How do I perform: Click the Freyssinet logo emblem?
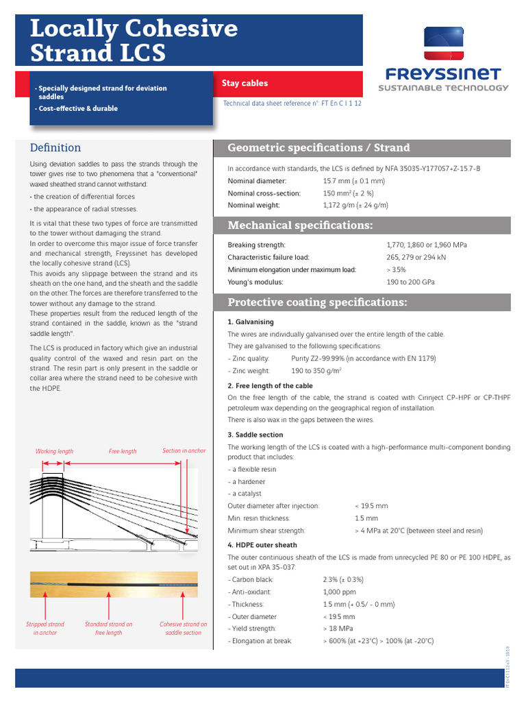click(x=443, y=44)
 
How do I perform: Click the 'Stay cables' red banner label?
click(x=245, y=84)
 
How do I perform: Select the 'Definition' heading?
click(x=55, y=147)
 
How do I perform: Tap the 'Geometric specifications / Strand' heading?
click(x=318, y=147)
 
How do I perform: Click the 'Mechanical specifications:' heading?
click(x=300, y=226)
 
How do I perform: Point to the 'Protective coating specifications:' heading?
click(x=317, y=302)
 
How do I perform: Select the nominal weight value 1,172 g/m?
click(x=355, y=205)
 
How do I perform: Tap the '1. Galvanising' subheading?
click(x=250, y=322)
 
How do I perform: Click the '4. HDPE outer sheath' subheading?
click(x=262, y=545)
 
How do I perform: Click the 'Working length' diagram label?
click(x=54, y=452)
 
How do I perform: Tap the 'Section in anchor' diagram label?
click(x=184, y=450)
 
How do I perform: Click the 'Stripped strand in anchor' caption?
click(x=45, y=628)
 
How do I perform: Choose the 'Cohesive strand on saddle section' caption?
click(x=183, y=628)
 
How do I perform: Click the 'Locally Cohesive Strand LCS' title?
click(x=134, y=40)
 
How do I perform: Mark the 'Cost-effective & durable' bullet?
click(x=77, y=108)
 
